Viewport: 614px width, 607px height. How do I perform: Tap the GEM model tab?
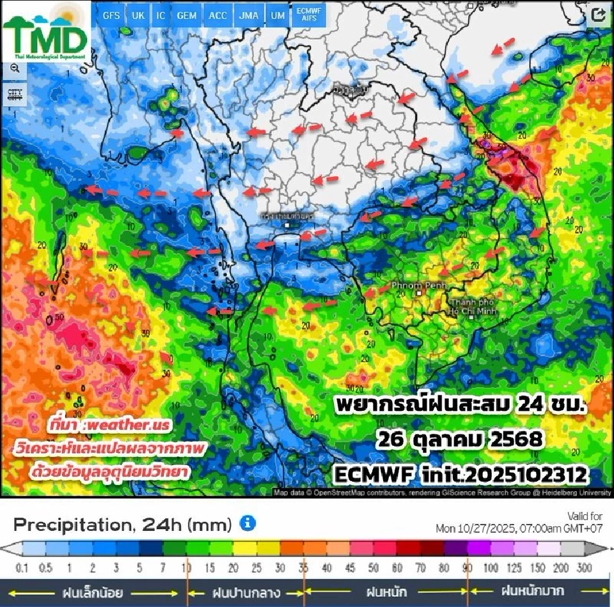[x=187, y=15]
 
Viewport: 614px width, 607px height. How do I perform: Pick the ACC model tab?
[x=217, y=15]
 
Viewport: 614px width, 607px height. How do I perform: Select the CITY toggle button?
[x=14, y=96]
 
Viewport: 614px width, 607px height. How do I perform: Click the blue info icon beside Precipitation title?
[x=248, y=524]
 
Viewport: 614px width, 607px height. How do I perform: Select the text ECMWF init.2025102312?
[x=460, y=474]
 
